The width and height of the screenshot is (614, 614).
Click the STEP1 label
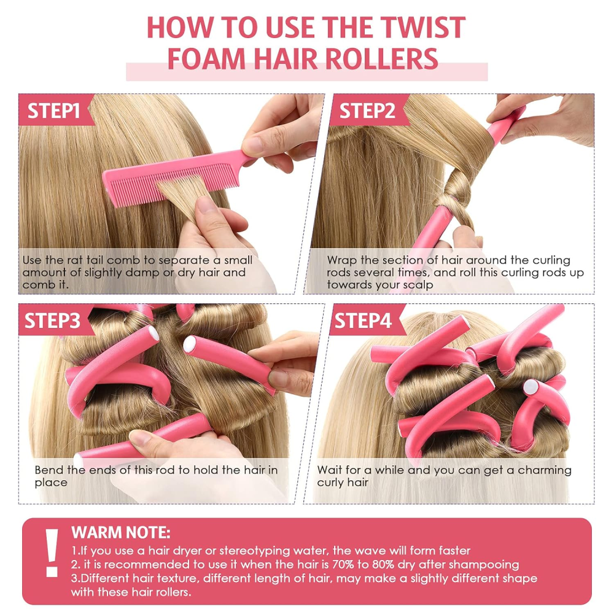(x=53, y=111)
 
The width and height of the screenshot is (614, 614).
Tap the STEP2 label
(x=367, y=111)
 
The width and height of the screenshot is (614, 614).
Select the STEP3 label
(x=52, y=321)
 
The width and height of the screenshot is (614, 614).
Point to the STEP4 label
(x=363, y=321)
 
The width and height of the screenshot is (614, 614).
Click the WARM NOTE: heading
(x=120, y=532)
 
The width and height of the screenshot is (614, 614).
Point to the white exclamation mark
(x=52, y=553)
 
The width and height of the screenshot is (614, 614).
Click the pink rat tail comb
(x=176, y=176)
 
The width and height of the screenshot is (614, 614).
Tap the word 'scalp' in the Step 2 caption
(x=419, y=285)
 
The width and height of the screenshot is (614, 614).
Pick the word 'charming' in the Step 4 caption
(x=545, y=470)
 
